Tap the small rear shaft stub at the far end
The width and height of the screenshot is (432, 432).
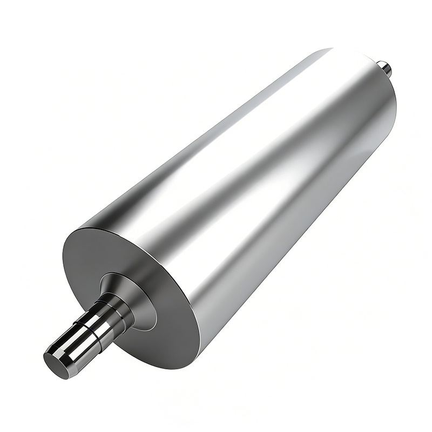point(385,67)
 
